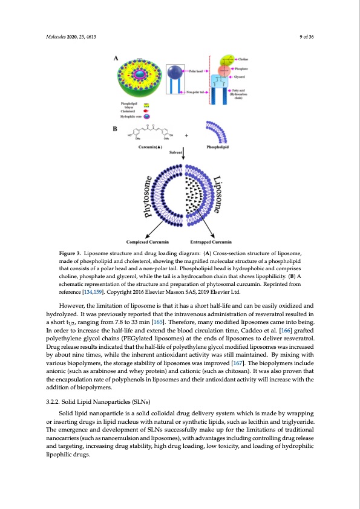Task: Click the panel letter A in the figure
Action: (x=116, y=59)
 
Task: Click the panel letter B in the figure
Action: (x=116, y=129)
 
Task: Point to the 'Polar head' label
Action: (x=196, y=71)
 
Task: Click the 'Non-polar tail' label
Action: (x=198, y=92)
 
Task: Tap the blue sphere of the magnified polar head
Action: (x=175, y=71)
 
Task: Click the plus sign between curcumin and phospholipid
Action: (x=186, y=135)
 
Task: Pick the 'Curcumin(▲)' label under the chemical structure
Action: (x=149, y=147)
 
